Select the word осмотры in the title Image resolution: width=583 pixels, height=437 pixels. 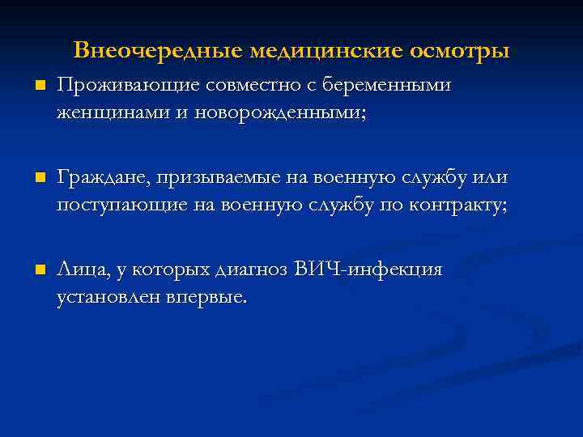coord(460,51)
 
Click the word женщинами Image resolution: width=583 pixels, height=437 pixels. coord(103,112)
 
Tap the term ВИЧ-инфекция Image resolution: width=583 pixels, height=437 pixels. coord(370,269)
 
